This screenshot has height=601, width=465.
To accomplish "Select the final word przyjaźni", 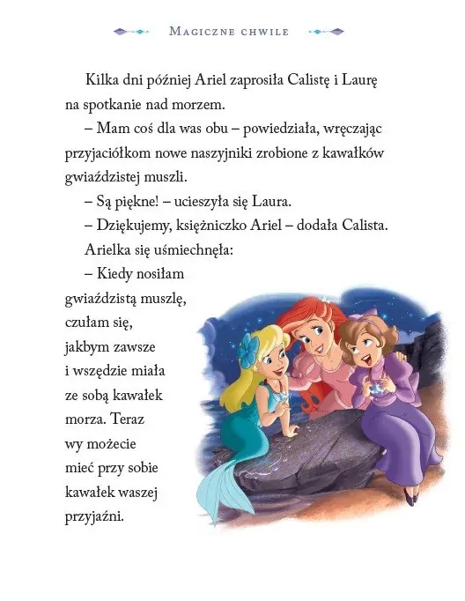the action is [94, 516].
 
